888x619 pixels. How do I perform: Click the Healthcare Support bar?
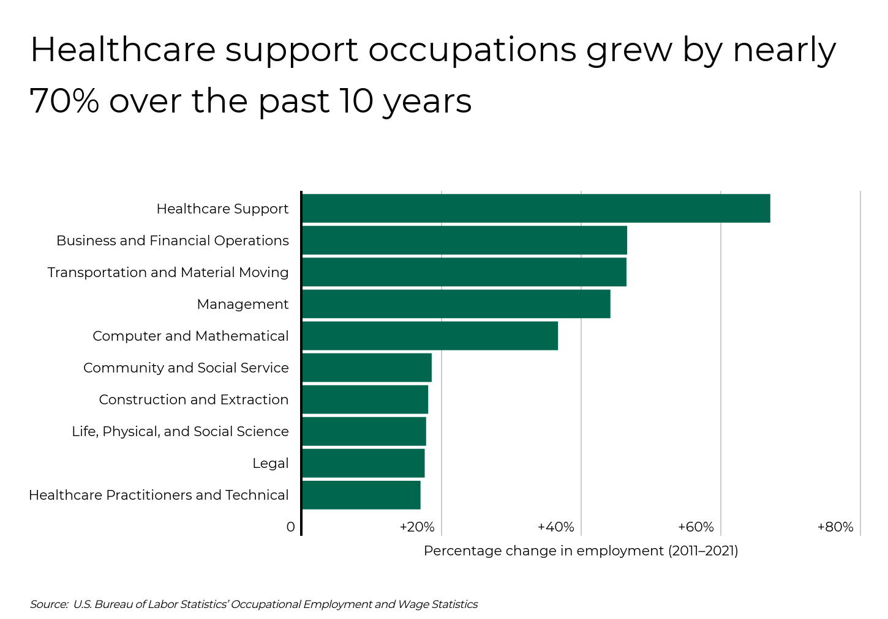(536, 209)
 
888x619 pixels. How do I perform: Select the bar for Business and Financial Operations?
(464, 240)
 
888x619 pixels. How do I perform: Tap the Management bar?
(456, 304)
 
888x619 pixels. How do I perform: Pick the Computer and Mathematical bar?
(430, 336)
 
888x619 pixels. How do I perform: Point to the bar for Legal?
(363, 463)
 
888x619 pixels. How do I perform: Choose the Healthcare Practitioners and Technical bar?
(361, 495)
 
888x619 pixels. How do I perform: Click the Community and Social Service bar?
(367, 368)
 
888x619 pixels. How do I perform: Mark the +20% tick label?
(416, 527)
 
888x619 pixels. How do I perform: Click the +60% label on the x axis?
(696, 527)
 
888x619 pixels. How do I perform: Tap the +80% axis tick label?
(835, 527)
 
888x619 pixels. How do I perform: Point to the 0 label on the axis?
(290, 527)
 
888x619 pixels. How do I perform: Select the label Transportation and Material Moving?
(168, 273)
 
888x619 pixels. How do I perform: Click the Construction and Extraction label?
(194, 400)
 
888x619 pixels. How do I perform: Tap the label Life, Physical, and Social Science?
(180, 432)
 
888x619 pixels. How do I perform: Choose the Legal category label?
(270, 464)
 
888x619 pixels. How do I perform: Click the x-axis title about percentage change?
(581, 551)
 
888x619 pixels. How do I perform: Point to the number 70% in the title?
(64, 102)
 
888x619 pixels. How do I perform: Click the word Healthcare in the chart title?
(122, 50)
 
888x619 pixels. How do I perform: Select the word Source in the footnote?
(48, 605)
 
